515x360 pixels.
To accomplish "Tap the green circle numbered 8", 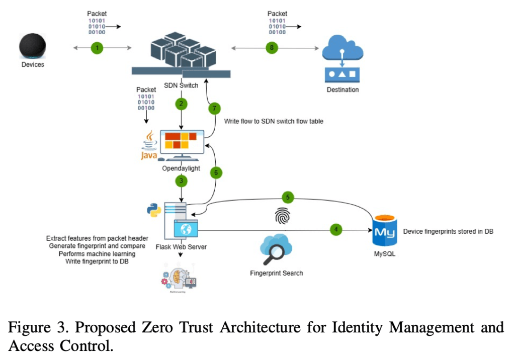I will coord(272,48).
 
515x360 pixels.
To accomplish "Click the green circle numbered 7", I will coord(214,108).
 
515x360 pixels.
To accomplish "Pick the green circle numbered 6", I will coord(215,172).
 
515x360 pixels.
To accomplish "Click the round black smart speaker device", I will coord(33,46).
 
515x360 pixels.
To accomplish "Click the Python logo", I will coord(154,210).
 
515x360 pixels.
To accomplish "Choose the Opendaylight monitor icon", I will coord(181,143).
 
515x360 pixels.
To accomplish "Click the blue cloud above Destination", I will coord(341,50).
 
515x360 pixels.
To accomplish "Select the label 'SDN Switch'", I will coord(181,85).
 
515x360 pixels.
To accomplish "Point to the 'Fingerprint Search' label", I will coord(277,273).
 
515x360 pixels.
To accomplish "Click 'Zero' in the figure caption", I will coord(180,328).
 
